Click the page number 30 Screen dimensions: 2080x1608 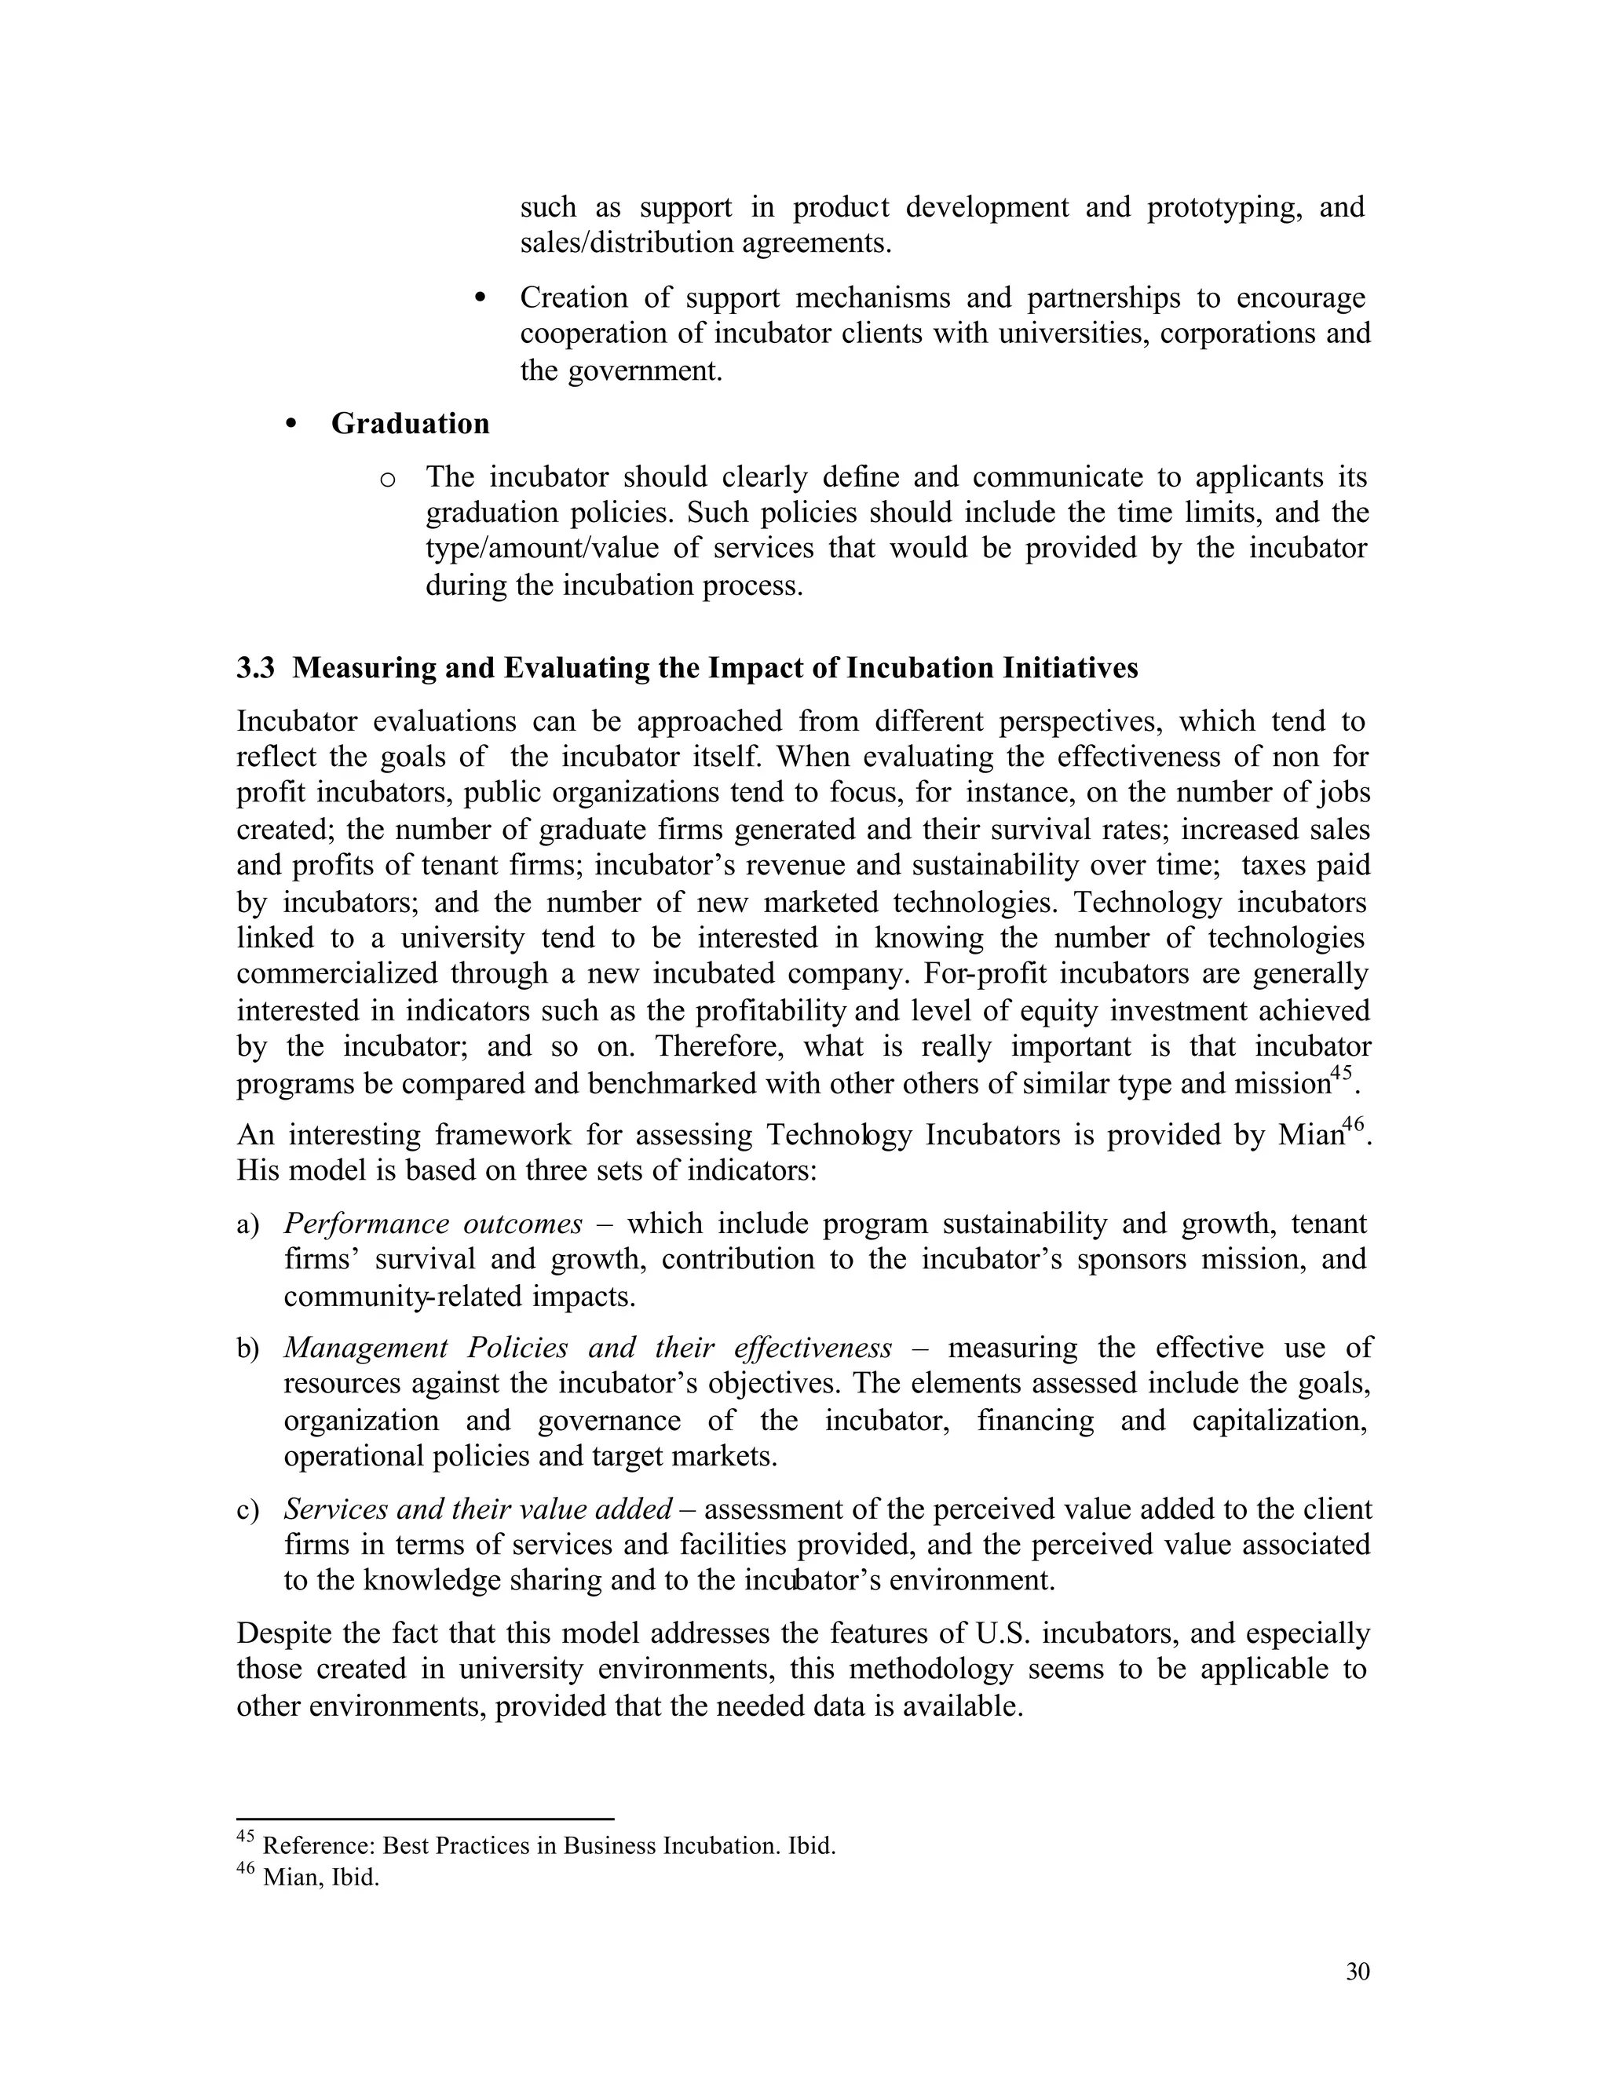(x=1358, y=1972)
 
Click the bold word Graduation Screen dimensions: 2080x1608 (x=410, y=424)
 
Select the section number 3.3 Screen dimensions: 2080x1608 (x=255, y=669)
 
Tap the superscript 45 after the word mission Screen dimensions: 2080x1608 (x=1340, y=1072)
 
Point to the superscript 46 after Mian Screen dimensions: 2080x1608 (x=1354, y=1124)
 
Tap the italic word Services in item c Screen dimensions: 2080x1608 (x=334, y=1509)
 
